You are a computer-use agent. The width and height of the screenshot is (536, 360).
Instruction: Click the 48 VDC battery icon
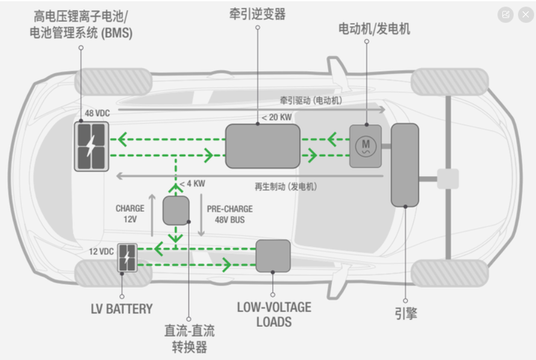(x=92, y=146)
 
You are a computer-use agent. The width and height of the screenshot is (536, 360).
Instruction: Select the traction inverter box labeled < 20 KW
(x=263, y=146)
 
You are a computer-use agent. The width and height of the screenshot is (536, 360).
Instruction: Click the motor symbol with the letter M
(x=365, y=146)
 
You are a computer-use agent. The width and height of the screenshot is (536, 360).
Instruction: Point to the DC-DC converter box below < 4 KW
(x=176, y=210)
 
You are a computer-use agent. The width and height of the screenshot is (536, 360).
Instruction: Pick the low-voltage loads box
(x=273, y=255)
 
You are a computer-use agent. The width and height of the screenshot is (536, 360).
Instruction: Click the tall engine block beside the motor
(x=405, y=164)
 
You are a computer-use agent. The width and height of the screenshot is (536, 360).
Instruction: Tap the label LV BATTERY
(x=122, y=309)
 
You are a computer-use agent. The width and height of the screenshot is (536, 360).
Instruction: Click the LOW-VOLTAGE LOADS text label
(x=274, y=314)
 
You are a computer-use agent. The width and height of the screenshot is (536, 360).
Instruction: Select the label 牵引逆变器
(x=257, y=14)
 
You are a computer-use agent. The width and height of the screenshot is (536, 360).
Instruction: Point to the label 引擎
(x=405, y=313)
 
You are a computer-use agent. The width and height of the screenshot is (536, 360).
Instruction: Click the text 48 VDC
(x=98, y=113)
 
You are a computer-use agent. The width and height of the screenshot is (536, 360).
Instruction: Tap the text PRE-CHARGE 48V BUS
(x=229, y=214)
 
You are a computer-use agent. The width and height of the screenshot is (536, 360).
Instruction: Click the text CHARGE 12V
(x=130, y=214)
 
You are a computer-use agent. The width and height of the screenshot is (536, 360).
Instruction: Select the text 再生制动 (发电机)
(x=286, y=187)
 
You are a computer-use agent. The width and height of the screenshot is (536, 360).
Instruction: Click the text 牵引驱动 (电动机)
(x=311, y=101)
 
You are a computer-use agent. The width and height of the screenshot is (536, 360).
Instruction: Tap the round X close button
(x=525, y=14)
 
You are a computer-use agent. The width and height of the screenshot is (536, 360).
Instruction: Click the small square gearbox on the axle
(x=447, y=179)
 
